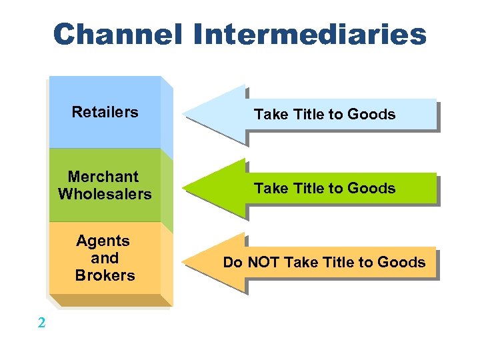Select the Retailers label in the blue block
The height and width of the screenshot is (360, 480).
coord(105,112)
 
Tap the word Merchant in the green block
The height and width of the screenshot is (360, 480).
coord(103,177)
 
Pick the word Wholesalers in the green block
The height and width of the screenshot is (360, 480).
coord(105,194)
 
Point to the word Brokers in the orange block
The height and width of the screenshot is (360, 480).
coord(105,275)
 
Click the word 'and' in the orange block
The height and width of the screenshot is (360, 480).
coord(105,258)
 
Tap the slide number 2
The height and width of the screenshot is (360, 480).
coord(42,324)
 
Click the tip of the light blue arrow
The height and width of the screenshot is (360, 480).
coord(185,114)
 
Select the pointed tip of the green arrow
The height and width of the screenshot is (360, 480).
coord(185,189)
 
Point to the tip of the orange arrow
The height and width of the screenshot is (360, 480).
coord(185,263)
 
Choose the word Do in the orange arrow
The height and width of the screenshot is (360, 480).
coord(233,263)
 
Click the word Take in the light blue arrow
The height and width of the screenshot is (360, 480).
coord(270,115)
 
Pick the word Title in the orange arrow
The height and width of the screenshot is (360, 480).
coord(338,263)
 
